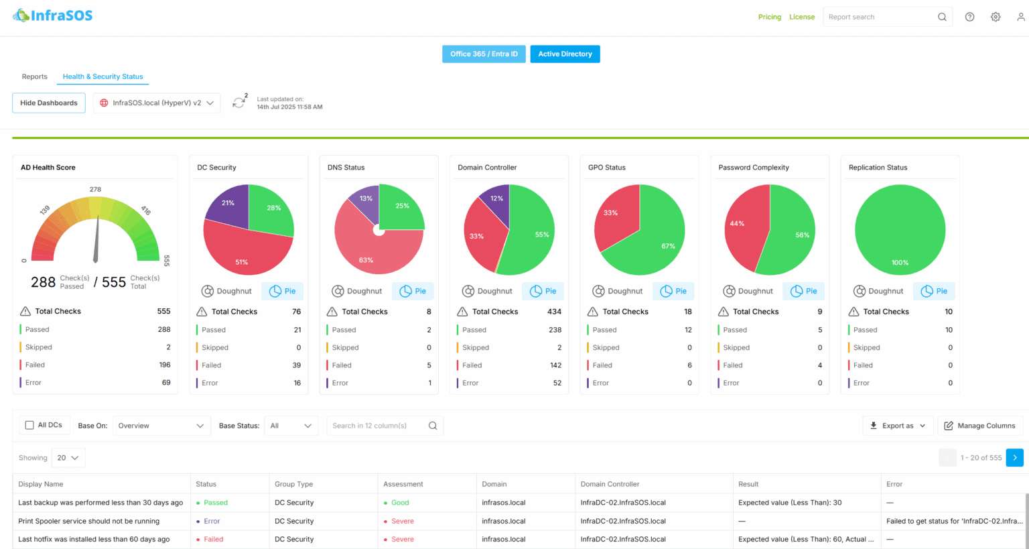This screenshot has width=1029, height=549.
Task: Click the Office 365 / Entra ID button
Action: click(x=484, y=54)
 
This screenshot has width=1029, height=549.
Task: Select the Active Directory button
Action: click(x=565, y=54)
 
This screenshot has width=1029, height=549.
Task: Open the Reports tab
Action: click(x=35, y=76)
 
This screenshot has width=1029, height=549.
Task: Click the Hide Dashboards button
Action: click(x=49, y=103)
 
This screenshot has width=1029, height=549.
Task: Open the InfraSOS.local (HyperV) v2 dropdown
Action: click(x=157, y=103)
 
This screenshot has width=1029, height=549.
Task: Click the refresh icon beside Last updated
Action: click(x=238, y=103)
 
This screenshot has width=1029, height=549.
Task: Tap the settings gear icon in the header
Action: click(x=996, y=17)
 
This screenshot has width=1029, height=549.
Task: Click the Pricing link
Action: click(x=769, y=17)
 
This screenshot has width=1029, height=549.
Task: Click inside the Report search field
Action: click(x=878, y=17)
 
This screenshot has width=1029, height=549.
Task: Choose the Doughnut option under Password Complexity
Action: click(x=748, y=291)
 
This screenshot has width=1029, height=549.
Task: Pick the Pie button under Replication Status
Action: click(x=935, y=291)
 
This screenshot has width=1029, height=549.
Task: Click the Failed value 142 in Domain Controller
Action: click(x=555, y=365)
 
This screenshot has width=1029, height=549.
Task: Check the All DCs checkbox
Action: click(x=29, y=425)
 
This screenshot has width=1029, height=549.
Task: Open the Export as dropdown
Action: click(x=897, y=426)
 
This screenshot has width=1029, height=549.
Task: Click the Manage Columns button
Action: click(x=979, y=426)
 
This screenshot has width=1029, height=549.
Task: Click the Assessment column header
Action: click(x=403, y=484)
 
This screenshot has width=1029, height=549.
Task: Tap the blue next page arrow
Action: click(x=1014, y=457)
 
